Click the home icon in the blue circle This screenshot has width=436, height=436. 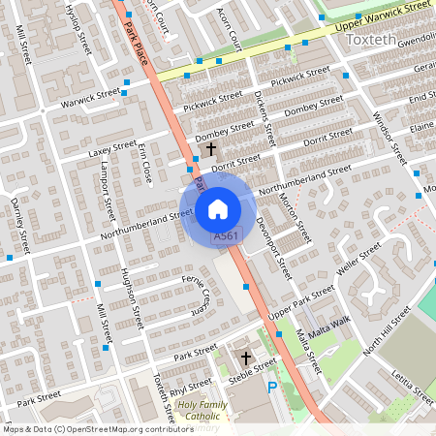pos(218,208)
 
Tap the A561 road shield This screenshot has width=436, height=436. pos(225,236)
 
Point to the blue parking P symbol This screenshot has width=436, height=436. pos(272,386)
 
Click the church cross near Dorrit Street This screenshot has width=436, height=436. pos(211,148)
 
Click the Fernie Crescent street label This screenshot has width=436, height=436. pos(196,294)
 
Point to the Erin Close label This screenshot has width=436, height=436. pos(146,161)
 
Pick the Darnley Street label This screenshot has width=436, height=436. pos(17,222)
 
